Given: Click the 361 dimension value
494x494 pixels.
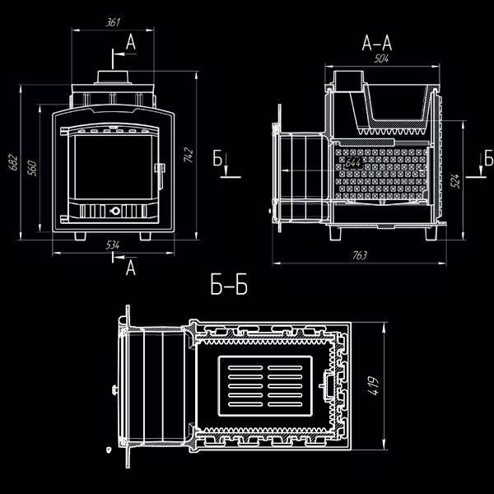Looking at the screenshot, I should coord(113,23).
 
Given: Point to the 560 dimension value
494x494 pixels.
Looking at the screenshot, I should coord(32,166).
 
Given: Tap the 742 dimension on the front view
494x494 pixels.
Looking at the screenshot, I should coord(189,154).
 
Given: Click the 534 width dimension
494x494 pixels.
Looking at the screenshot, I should coord(113,245).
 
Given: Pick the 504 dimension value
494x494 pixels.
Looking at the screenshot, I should coord(381,59).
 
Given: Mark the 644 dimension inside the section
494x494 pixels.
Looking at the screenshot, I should coord(353,164).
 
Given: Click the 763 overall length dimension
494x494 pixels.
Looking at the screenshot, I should coord(359,256).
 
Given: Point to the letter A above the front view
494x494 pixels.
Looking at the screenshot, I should coord(129,41).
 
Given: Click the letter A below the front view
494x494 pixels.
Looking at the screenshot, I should coord(129,267).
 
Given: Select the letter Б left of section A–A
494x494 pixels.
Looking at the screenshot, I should coord(217,158).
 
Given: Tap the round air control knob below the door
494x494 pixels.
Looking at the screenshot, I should coord(115,209).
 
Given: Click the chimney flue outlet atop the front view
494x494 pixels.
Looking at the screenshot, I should coord(112,76).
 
